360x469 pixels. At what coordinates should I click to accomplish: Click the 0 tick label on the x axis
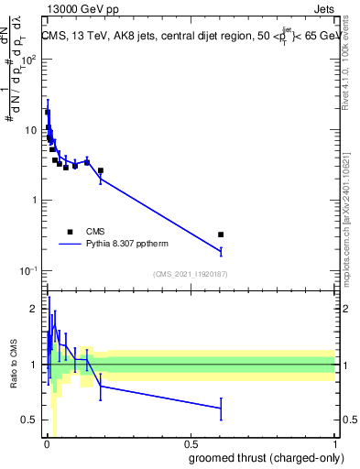tap(47, 444)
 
